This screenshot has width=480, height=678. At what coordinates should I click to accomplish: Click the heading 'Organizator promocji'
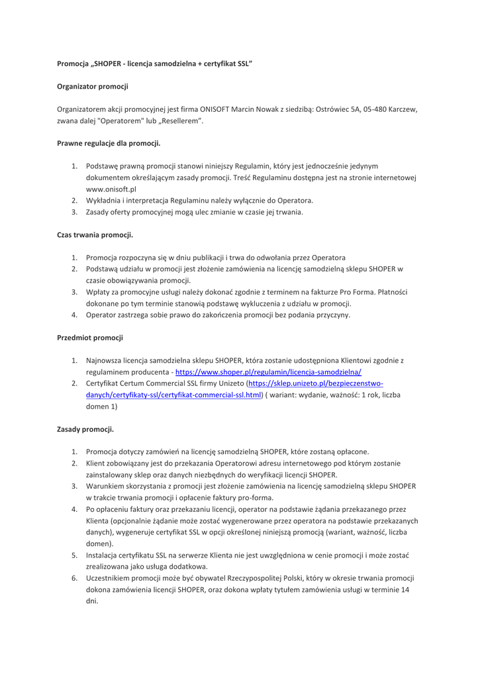92,86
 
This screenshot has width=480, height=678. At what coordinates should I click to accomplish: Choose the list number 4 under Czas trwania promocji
75,315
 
